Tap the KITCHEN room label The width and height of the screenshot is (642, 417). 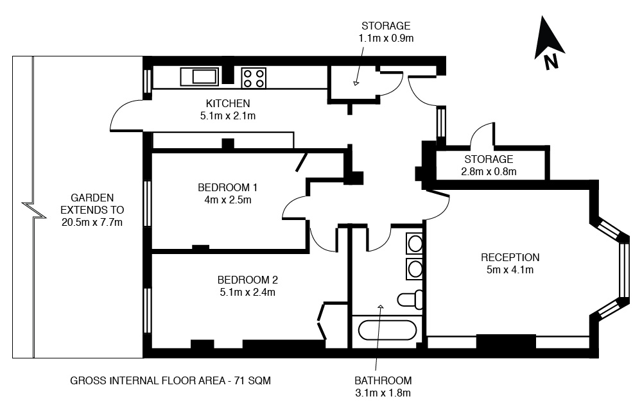click(228, 103)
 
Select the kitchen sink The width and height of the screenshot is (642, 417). click(199, 77)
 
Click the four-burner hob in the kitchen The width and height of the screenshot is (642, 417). click(254, 78)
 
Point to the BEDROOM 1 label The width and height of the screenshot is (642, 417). click(228, 187)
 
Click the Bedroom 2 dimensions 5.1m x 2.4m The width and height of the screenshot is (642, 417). click(247, 292)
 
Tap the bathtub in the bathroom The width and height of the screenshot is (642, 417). click(387, 330)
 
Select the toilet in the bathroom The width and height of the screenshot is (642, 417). click(410, 300)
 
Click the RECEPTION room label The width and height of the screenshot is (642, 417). click(510, 257)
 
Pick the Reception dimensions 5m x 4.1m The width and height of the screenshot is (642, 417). click(510, 269)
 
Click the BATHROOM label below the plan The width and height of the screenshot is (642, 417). click(383, 380)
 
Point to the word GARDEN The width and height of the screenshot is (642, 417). click(92, 198)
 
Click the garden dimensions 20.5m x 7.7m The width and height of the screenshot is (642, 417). click(92, 222)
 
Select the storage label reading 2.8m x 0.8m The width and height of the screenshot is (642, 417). click(489, 171)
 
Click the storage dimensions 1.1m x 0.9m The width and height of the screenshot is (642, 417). click(386, 38)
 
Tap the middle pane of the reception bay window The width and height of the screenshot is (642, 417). click(623, 271)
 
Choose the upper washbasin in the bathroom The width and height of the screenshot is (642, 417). click(414, 244)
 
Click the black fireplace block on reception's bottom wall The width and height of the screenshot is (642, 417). click(506, 342)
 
